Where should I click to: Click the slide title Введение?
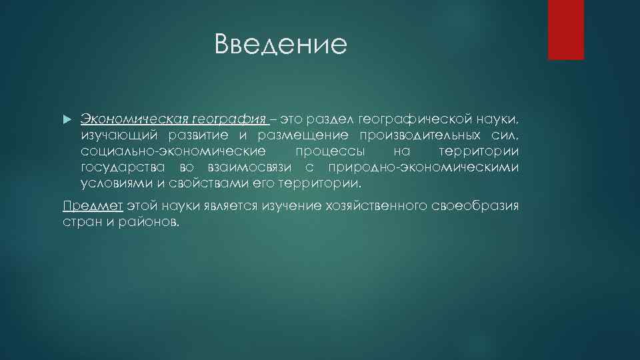281,45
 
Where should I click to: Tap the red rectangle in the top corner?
565,29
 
